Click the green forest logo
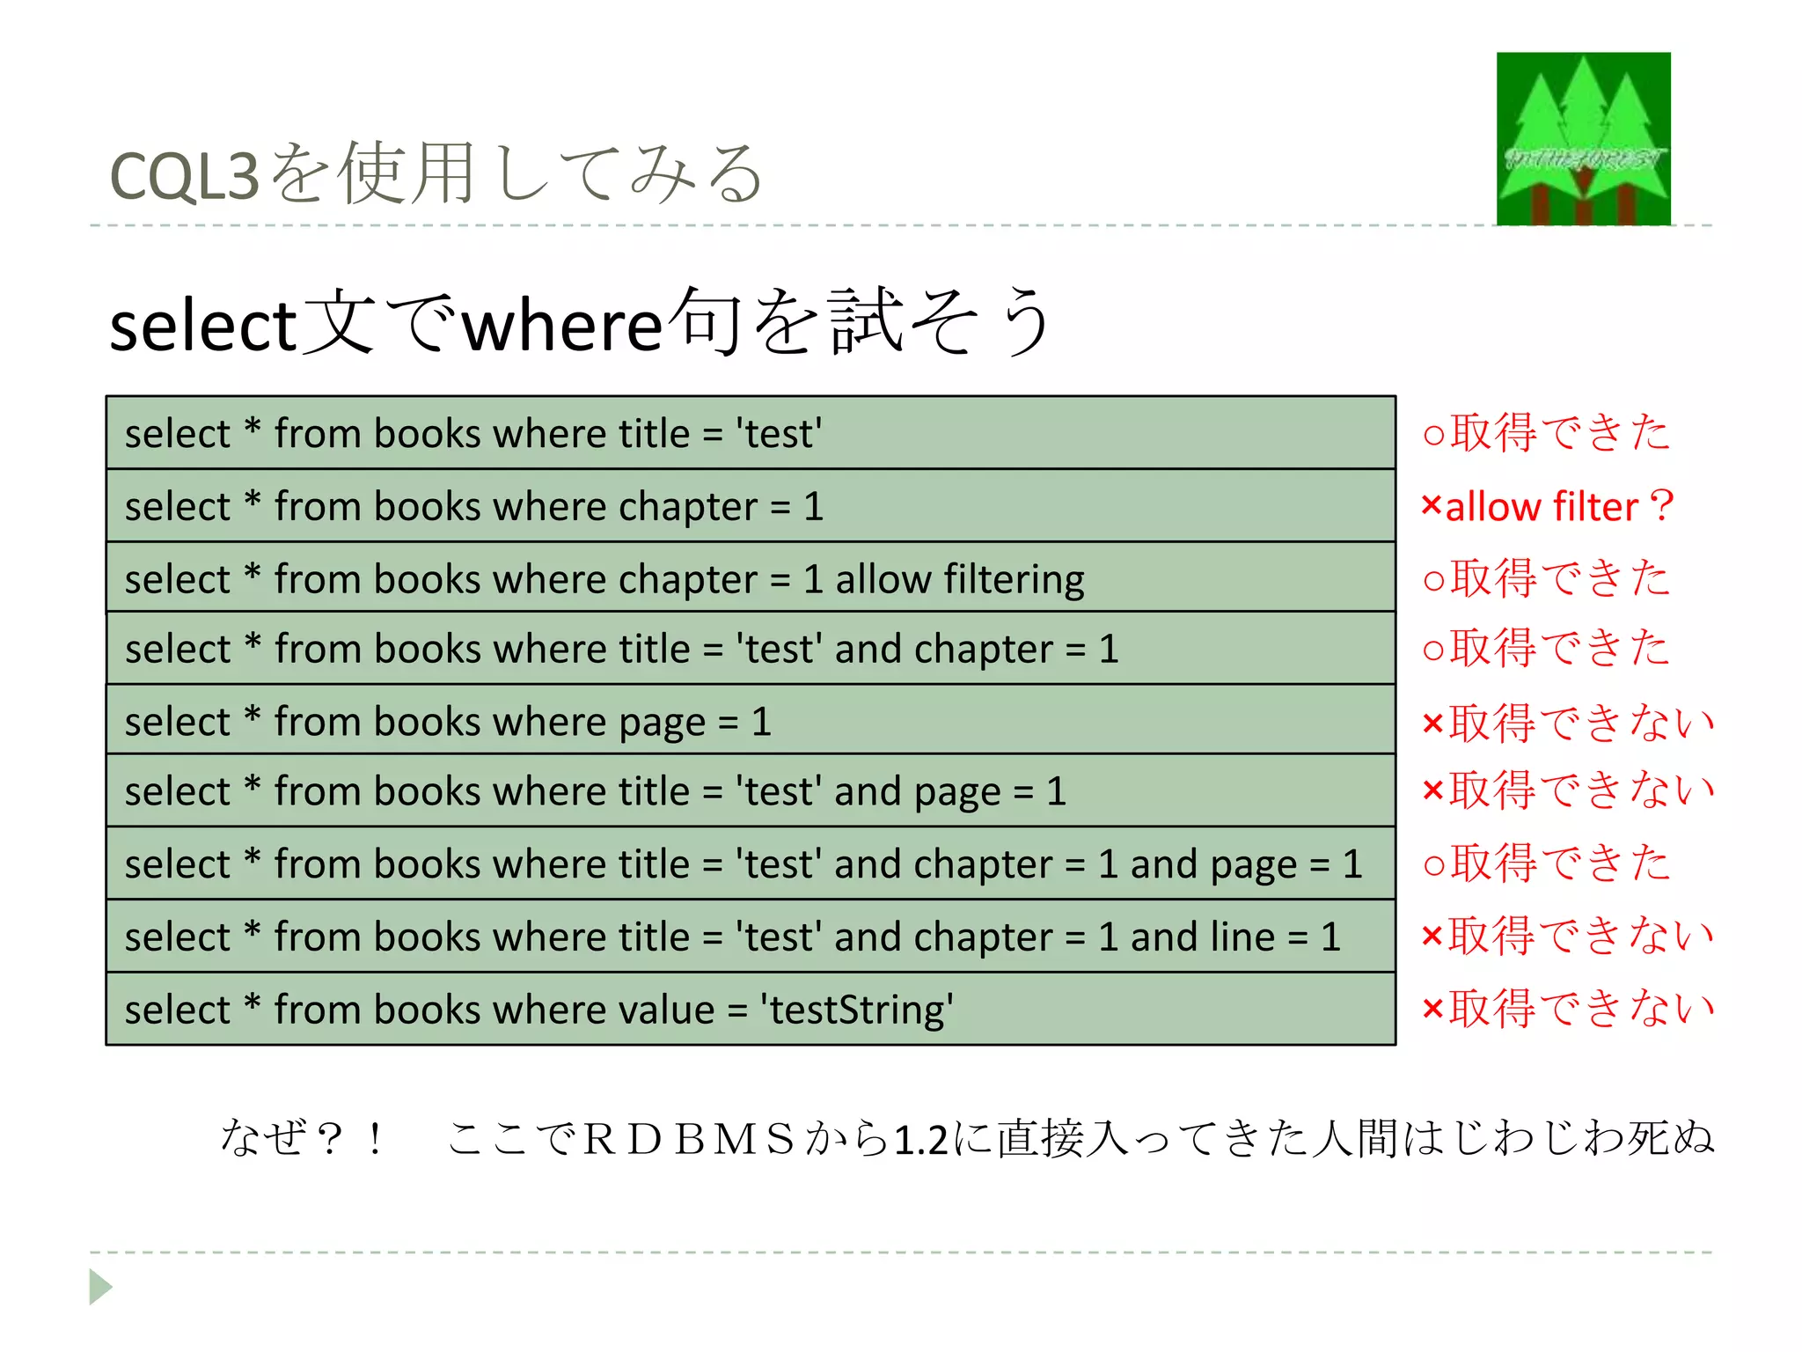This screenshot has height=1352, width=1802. [x=1583, y=138]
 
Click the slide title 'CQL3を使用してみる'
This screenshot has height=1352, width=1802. [x=436, y=174]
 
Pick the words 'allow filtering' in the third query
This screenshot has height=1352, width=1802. [x=959, y=579]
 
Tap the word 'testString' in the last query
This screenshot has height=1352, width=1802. [x=858, y=1010]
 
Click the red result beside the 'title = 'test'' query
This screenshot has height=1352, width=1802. [x=1546, y=433]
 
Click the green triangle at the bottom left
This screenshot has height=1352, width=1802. [x=100, y=1287]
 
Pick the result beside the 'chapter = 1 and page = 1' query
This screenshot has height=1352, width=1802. [x=1546, y=863]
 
